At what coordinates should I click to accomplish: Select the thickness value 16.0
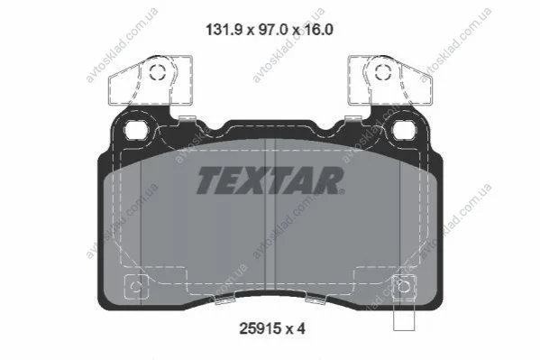(318, 30)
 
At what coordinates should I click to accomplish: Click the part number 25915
(261, 328)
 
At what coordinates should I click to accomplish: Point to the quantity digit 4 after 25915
(301, 328)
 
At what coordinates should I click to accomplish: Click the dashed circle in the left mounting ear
(158, 72)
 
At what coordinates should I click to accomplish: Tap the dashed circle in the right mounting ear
(383, 72)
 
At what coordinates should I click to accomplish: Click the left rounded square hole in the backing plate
(136, 130)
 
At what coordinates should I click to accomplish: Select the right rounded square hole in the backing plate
(405, 130)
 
